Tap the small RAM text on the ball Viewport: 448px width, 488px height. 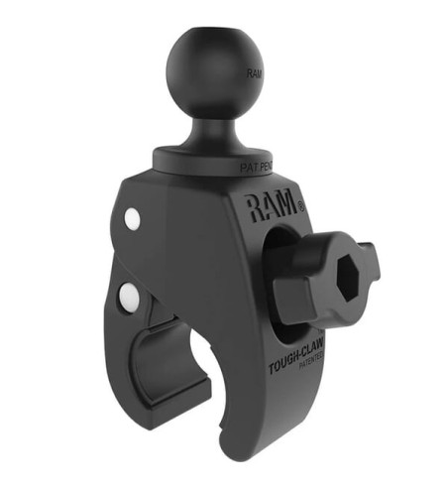click(255, 74)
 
